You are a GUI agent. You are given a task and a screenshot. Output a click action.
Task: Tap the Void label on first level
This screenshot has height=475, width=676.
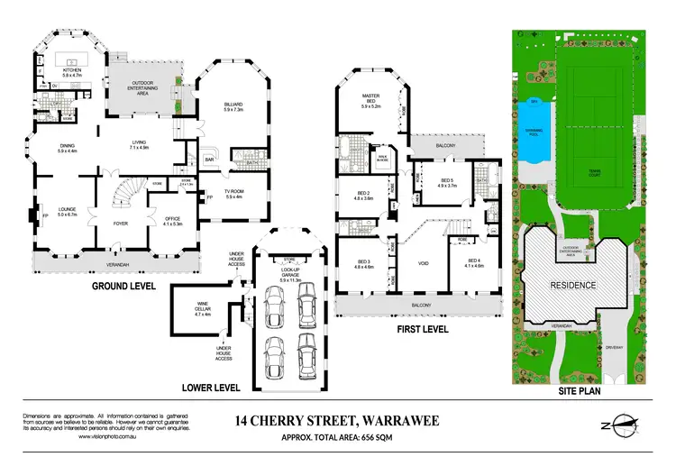[423, 264]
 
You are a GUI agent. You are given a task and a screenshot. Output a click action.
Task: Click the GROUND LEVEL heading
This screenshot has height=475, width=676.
[124, 286]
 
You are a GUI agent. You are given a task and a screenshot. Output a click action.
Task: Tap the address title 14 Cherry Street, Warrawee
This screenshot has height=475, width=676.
[337, 419]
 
